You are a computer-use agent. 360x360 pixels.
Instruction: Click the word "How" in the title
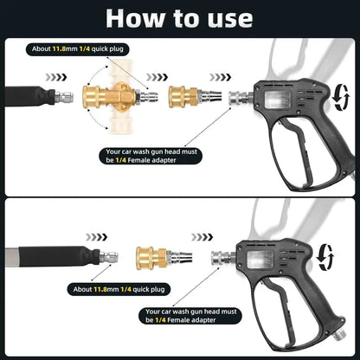point(131,18)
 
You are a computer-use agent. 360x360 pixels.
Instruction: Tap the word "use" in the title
point(227,18)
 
